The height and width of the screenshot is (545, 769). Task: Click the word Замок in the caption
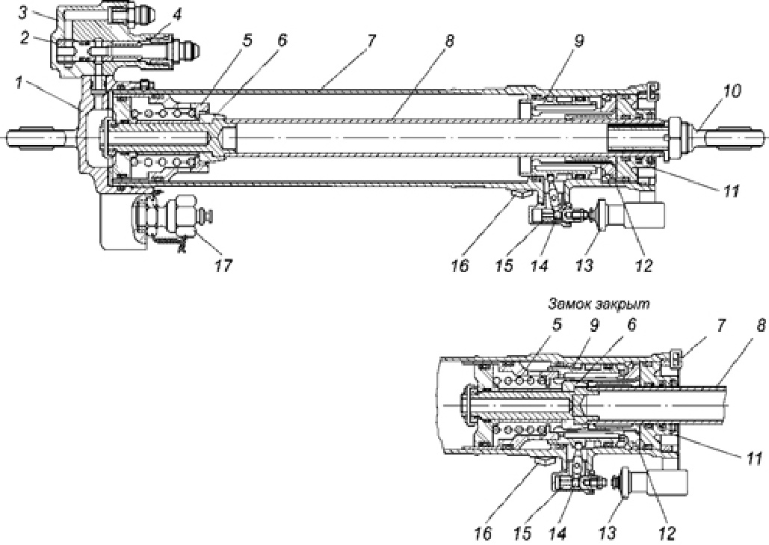[x=568, y=304]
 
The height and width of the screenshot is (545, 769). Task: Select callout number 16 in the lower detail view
[x=484, y=534]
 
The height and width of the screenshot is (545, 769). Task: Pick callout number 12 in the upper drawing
[x=643, y=264]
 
